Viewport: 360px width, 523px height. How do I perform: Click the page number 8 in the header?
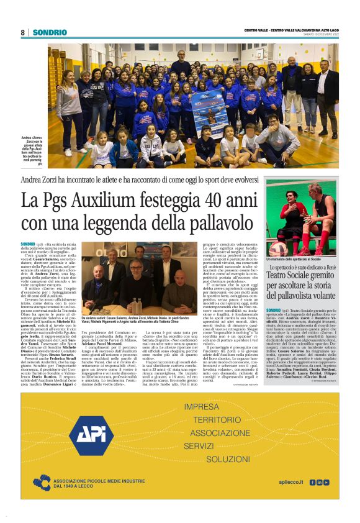22,32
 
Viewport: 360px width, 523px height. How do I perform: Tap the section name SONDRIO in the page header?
50,32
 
